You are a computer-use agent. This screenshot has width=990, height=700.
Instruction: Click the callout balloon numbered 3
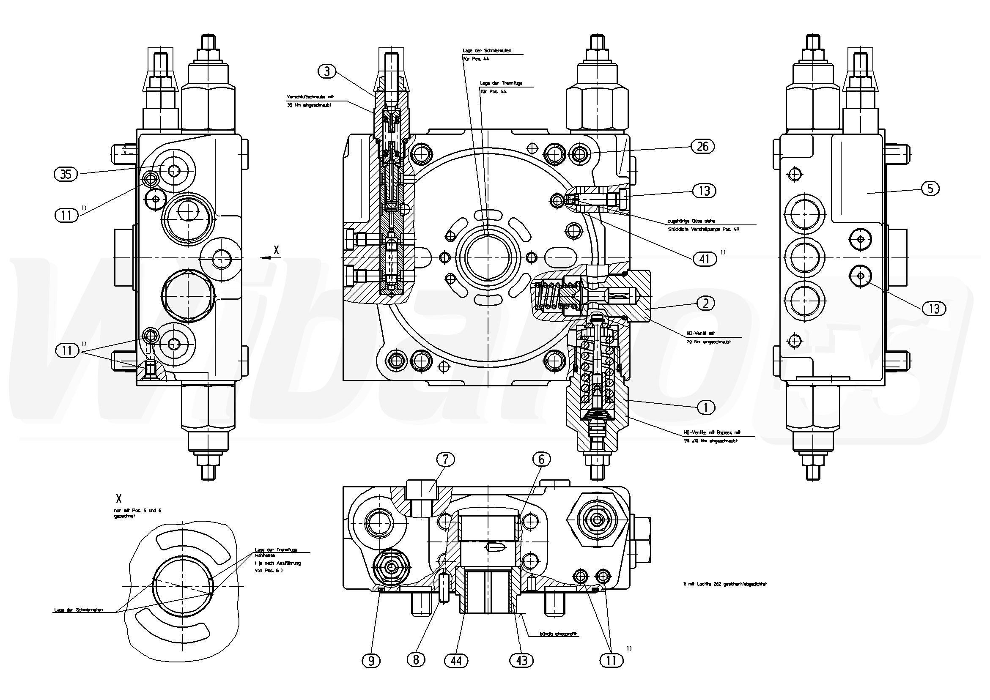click(327, 71)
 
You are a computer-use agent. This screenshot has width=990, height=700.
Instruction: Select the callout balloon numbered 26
click(702, 147)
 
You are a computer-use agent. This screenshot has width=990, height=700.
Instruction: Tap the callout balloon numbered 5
click(930, 189)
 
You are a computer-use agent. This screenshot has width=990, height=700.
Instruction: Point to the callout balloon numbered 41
click(704, 259)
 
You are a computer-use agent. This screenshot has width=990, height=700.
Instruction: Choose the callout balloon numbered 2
click(705, 304)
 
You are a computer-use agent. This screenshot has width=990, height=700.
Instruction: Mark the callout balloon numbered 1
click(705, 407)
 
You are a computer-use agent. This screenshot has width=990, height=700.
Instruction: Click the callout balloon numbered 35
click(66, 174)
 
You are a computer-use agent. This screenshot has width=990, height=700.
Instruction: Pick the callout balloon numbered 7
click(446, 459)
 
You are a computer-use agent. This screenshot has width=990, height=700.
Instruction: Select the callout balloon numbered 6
click(542, 459)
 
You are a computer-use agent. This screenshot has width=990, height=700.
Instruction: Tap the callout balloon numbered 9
click(371, 661)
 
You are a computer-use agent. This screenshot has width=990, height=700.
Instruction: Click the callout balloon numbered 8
click(416, 660)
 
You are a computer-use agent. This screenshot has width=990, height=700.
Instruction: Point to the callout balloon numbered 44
click(456, 661)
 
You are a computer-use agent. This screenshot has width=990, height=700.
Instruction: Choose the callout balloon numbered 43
click(521, 660)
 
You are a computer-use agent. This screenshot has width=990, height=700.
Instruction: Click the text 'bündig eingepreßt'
click(558, 634)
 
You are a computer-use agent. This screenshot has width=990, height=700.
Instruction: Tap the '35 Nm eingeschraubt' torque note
click(309, 105)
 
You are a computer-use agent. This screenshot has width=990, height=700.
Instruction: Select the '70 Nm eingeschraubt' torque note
click(702, 342)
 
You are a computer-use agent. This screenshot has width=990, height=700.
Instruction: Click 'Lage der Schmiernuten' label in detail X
click(79, 610)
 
